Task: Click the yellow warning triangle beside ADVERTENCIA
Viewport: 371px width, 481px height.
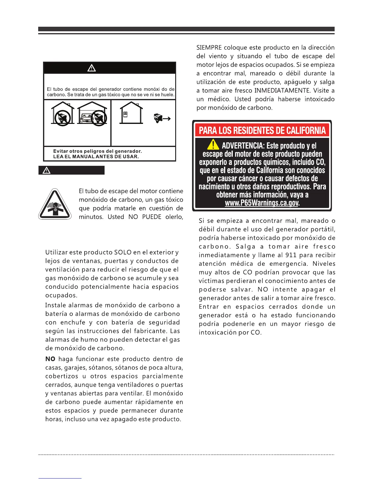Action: (213, 144)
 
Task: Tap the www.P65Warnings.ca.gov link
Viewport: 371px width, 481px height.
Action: (262, 203)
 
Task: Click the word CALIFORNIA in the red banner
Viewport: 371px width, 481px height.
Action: (303, 131)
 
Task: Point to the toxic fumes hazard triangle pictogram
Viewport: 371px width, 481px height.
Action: (55, 204)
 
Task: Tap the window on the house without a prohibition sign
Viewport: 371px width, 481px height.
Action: (125, 114)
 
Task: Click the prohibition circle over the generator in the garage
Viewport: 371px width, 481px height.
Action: (99, 118)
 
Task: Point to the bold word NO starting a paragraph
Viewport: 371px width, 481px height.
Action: (50, 359)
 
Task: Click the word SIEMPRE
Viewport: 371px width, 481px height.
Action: (209, 48)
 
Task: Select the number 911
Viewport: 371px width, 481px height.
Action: (291, 255)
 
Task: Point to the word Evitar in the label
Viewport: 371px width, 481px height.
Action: (61, 151)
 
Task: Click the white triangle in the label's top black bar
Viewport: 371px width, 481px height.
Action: (92, 68)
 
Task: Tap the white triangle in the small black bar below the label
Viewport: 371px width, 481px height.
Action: (46, 170)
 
